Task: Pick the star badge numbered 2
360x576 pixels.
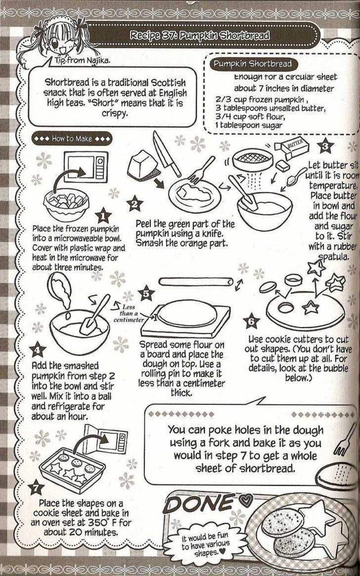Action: coord(134,205)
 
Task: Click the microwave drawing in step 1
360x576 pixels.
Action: coord(83,167)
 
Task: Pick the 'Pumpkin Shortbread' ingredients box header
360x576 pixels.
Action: coord(252,64)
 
